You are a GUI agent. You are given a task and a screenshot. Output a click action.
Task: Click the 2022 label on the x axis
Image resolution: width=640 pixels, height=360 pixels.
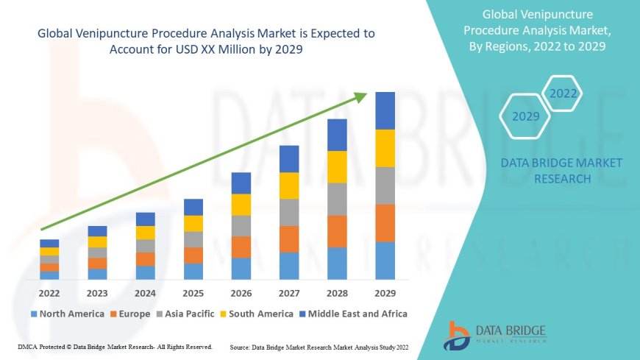(49, 292)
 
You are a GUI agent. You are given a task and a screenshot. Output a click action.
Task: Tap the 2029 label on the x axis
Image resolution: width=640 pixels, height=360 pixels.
(385, 292)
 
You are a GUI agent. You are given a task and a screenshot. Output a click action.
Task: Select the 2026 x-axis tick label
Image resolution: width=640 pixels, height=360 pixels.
(241, 292)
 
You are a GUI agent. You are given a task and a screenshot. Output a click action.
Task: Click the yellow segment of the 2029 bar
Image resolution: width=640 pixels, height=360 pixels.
(385, 148)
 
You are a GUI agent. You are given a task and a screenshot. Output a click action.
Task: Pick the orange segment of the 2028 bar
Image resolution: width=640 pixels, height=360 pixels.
(337, 231)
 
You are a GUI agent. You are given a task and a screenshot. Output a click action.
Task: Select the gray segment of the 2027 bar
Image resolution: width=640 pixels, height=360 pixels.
(289, 212)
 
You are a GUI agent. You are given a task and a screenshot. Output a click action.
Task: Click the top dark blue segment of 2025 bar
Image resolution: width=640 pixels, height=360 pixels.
(193, 207)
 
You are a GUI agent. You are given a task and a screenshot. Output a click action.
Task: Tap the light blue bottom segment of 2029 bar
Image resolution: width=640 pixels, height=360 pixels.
(385, 261)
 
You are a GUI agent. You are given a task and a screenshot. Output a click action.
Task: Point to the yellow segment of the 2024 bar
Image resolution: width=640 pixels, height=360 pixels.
(146, 233)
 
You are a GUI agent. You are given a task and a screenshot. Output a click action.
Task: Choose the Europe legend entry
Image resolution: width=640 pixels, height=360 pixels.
(132, 314)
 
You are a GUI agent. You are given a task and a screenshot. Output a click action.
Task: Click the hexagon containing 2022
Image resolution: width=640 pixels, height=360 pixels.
(563, 93)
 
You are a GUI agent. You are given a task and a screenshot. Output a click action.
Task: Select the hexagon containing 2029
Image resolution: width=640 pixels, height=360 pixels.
(525, 116)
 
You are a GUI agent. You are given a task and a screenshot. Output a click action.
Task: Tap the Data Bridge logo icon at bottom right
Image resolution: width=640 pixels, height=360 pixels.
(457, 335)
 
